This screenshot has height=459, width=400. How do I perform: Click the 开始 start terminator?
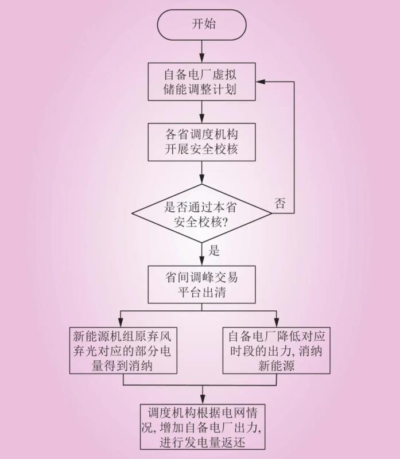click(202, 24)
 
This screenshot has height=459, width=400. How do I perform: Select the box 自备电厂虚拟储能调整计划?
click(202, 82)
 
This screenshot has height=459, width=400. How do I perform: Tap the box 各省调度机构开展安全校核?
click(202, 141)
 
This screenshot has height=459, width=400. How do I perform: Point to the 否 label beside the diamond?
click(280, 204)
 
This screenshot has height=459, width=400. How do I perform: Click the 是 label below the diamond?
click(214, 250)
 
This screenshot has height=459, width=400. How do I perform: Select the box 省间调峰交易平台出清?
click(202, 285)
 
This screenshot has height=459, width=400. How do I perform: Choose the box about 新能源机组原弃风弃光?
click(122, 350)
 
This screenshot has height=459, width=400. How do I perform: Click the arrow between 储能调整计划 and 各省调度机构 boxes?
click(202, 112)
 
